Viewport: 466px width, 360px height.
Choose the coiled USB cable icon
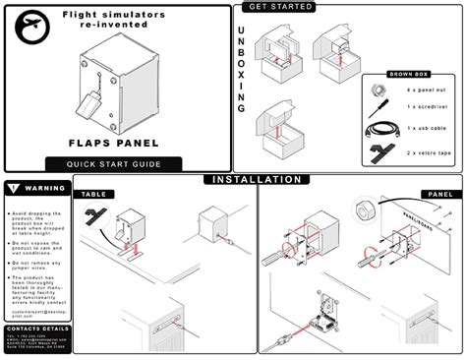click(378, 128)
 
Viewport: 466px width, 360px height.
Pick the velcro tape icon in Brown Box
click(378, 151)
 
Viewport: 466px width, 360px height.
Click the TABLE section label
click(94, 194)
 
